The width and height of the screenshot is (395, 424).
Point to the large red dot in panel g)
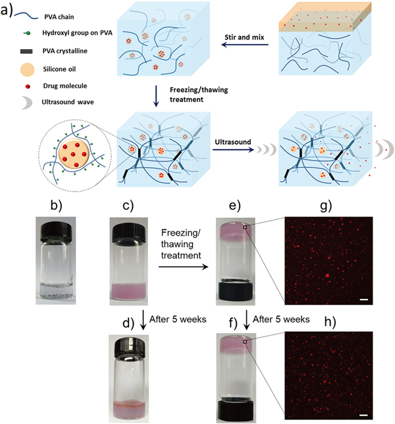[327, 269]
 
